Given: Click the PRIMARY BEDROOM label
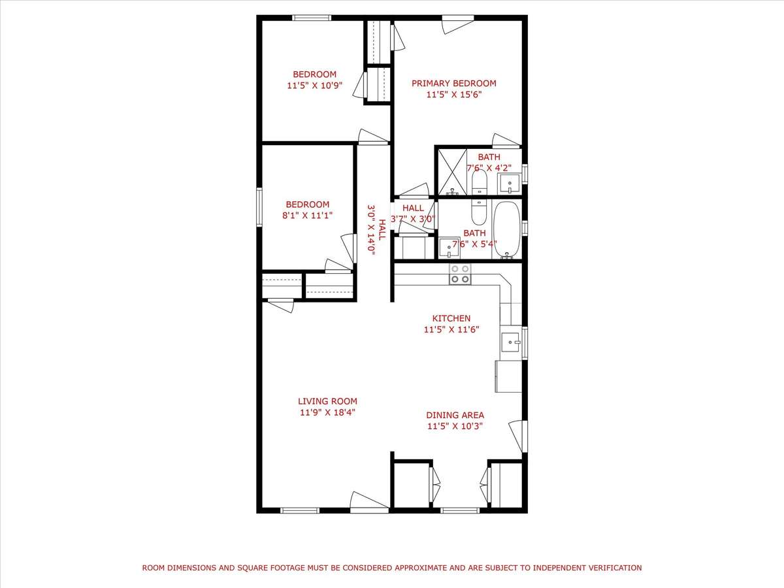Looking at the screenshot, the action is pyautogui.click(x=453, y=83).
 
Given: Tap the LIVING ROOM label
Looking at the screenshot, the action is pyautogui.click(x=327, y=401).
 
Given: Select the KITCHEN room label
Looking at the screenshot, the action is pyautogui.click(x=451, y=318).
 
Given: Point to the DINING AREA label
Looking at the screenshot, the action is pyautogui.click(x=455, y=416).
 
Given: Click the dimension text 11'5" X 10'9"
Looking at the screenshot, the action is pyautogui.click(x=315, y=86).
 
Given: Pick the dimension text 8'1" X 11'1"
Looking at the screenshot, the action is pyautogui.click(x=308, y=216).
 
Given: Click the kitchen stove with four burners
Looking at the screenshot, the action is pyautogui.click(x=460, y=274).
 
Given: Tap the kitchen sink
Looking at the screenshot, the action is pyautogui.click(x=511, y=342).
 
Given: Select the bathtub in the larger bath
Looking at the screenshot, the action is pyautogui.click(x=507, y=229).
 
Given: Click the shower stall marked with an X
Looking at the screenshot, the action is pyautogui.click(x=452, y=172).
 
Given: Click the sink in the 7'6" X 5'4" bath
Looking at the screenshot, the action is pyautogui.click(x=449, y=248).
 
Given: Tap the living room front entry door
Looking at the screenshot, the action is pyautogui.click(x=369, y=502).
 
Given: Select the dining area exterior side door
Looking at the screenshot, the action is pyautogui.click(x=518, y=436).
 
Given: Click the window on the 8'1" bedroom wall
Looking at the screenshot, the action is pyautogui.click(x=259, y=207).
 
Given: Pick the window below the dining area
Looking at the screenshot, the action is pyautogui.click(x=459, y=510).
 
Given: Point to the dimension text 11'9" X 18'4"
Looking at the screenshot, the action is pyautogui.click(x=327, y=413).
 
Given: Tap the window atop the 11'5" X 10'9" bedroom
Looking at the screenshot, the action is pyautogui.click(x=312, y=18).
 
